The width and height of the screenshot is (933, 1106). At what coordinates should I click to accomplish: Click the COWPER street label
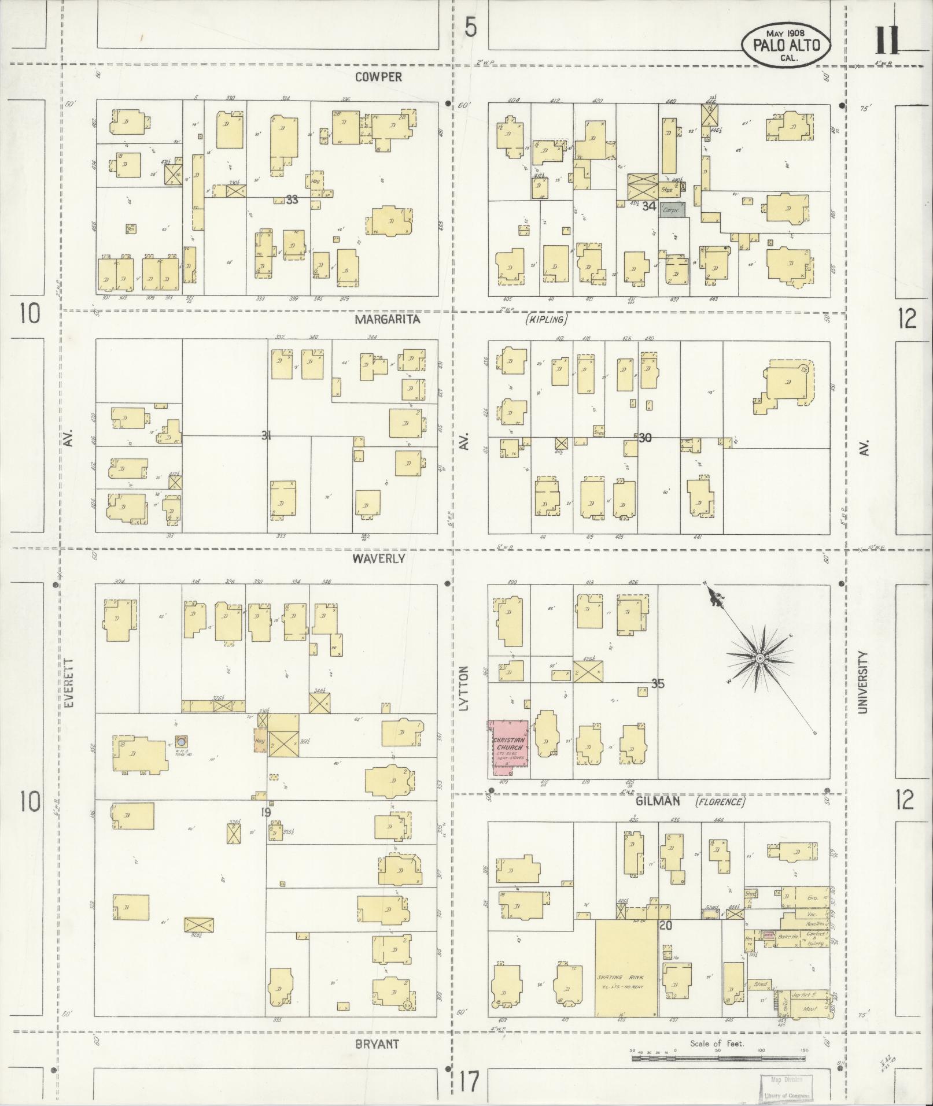point(378,77)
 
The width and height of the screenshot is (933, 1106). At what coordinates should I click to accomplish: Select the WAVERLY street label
point(380,558)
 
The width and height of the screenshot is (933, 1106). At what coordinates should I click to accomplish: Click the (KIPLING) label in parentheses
point(546,319)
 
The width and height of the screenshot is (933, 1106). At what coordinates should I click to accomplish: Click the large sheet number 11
point(886,40)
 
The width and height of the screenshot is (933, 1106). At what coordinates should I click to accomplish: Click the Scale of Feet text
point(717,1044)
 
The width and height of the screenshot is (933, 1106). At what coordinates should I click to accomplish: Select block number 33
point(292,199)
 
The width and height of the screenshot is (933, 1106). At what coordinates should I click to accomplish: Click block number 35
point(657,684)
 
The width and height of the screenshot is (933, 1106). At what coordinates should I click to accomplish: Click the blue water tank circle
point(182,741)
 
